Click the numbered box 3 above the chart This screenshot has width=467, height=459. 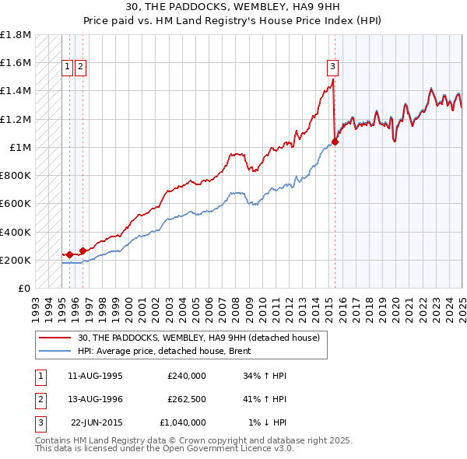tap(332, 66)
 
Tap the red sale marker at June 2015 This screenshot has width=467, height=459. tap(335, 142)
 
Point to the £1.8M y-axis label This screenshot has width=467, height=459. tap(16, 35)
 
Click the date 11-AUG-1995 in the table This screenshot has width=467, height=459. tap(96, 377)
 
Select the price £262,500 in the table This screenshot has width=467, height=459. tap(186, 400)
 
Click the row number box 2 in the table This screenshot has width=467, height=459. tap(40, 400)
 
